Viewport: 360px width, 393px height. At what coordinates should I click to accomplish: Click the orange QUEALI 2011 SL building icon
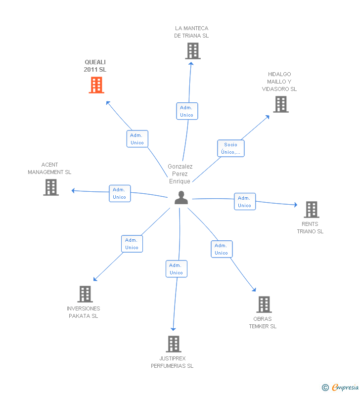[96, 85]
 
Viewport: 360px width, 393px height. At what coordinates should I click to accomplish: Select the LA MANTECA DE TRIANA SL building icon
[193, 51]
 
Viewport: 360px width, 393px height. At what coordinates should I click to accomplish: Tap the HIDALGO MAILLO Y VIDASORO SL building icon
[281, 104]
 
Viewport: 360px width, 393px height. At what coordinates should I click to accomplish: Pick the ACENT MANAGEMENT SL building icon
[51, 187]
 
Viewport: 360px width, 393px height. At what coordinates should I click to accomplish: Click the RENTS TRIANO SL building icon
[311, 210]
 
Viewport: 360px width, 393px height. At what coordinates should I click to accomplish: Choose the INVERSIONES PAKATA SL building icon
[85, 294]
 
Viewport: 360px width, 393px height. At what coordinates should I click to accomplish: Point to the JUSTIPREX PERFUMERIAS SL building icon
[173, 344]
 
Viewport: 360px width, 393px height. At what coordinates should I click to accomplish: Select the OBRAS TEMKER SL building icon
[264, 305]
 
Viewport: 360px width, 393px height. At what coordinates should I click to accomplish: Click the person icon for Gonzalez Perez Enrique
[181, 198]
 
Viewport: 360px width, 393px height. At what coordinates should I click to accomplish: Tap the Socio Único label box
[230, 148]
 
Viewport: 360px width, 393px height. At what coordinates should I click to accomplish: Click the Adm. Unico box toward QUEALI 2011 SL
[137, 139]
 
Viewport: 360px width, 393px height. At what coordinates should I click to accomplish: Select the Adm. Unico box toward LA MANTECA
[187, 111]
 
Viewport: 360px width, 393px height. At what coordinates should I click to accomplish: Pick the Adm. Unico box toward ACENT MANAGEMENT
[120, 193]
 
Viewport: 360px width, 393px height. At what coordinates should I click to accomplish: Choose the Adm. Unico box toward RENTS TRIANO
[245, 202]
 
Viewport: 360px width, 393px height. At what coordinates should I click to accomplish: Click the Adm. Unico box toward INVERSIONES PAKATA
[132, 244]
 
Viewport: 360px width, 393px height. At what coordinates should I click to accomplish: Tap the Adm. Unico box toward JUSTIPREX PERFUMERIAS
[177, 269]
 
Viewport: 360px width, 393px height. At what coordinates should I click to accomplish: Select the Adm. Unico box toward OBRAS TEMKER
[222, 249]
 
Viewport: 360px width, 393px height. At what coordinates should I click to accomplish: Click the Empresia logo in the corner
[341, 387]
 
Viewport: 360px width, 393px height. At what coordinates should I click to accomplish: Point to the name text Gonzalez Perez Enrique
[180, 174]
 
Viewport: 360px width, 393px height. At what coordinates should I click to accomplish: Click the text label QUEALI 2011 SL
[95, 66]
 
